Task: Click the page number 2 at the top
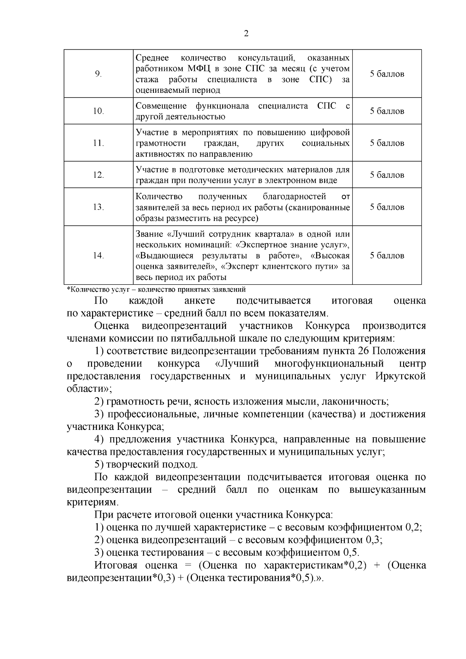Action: click(246, 34)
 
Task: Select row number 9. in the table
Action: click(98, 74)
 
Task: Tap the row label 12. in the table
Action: click(98, 175)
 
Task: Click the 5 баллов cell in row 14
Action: click(387, 256)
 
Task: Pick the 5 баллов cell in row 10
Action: click(387, 111)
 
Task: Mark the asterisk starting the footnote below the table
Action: click(69, 289)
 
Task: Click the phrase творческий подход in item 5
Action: click(152, 464)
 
